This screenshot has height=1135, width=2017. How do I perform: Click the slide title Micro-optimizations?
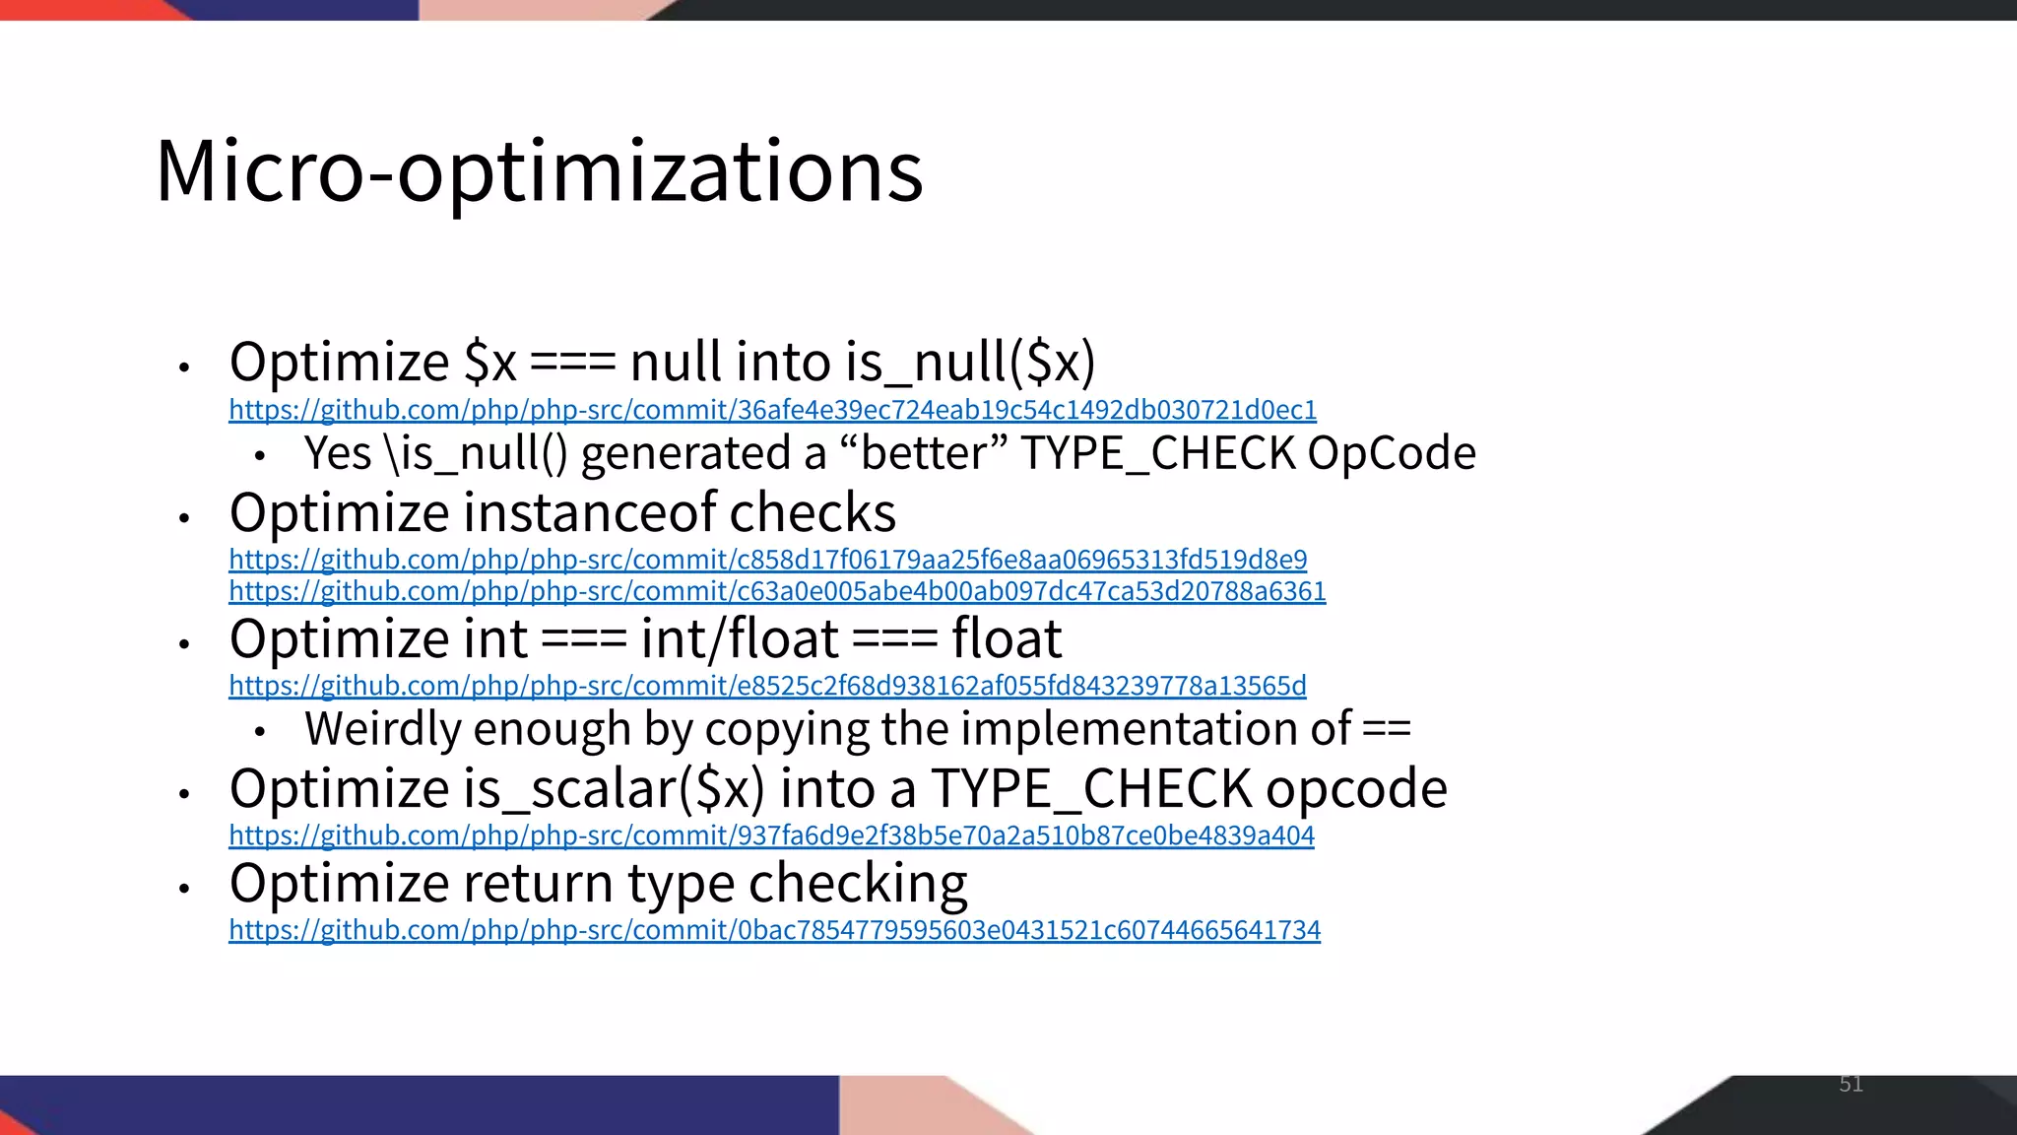[539, 170]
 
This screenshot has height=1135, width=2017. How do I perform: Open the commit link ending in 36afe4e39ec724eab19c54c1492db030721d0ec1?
[772, 409]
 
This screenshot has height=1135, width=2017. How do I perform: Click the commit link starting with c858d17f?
[767, 560]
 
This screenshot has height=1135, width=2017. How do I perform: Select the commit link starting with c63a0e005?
[777, 591]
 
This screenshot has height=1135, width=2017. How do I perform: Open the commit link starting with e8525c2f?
[767, 686]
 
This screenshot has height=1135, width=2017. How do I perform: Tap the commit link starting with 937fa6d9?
[771, 835]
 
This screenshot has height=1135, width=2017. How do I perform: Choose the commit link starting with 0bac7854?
[774, 930]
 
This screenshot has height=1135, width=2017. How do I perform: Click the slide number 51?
[1851, 1085]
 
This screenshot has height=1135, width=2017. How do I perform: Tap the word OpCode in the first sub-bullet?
[1392, 454]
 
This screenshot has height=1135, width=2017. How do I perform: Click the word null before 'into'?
[675, 362]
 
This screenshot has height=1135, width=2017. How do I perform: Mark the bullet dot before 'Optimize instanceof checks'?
[183, 516]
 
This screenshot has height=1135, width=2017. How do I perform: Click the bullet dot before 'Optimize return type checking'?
[183, 888]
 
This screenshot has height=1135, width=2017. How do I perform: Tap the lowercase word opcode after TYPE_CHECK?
[1356, 789]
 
